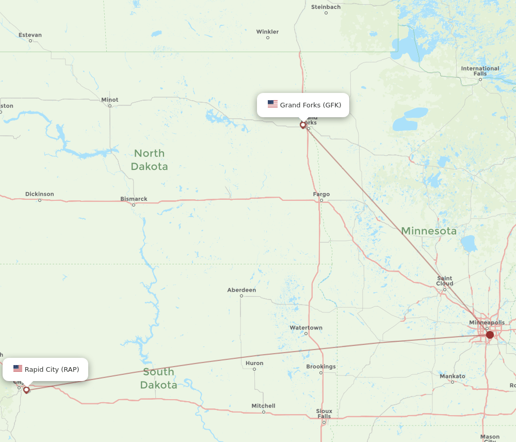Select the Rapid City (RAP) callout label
(x=52, y=369)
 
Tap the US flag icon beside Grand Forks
(x=272, y=104)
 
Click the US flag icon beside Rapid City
(x=18, y=369)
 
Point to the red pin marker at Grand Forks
(x=303, y=124)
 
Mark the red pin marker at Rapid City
(x=26, y=390)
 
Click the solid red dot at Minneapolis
(x=490, y=335)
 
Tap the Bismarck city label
(x=134, y=199)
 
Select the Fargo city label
(x=321, y=194)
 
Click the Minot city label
(x=109, y=100)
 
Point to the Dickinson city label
(x=39, y=194)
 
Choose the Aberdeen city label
(x=241, y=290)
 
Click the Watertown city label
(x=305, y=328)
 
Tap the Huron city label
(x=254, y=363)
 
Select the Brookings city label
(x=321, y=367)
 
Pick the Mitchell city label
(x=263, y=406)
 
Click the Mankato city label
(x=452, y=376)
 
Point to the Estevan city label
(x=30, y=35)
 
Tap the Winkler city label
(x=267, y=32)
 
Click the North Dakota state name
(x=149, y=160)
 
